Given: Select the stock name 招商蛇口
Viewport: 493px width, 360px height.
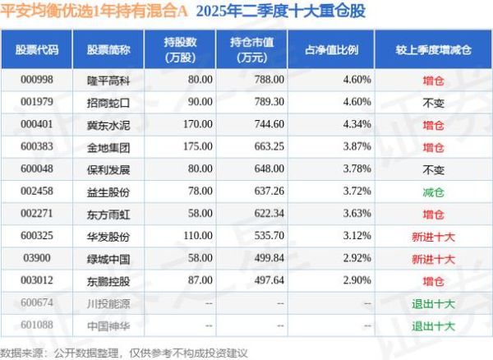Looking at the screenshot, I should [102, 102].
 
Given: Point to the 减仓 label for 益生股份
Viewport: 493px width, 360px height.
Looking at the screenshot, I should [433, 192].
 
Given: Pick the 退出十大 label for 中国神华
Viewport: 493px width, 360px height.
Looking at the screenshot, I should [433, 325].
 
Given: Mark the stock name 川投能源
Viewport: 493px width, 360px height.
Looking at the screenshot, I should [102, 303].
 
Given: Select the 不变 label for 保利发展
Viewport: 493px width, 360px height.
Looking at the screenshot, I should [433, 168].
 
